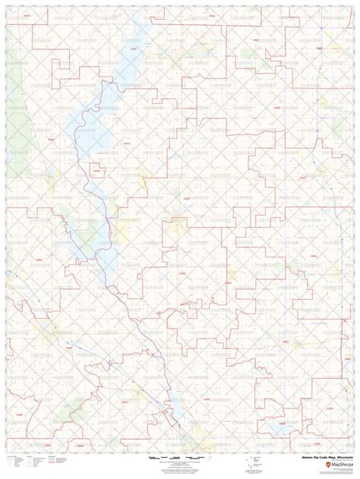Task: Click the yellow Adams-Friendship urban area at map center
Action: (179, 224)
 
